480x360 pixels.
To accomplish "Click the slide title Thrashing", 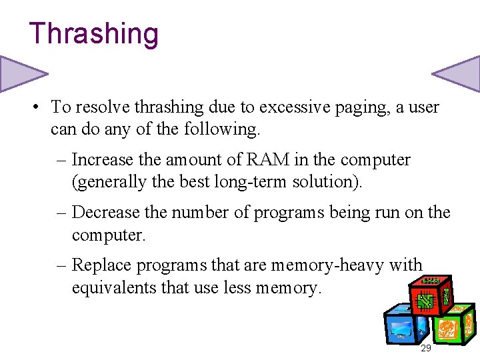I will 93,34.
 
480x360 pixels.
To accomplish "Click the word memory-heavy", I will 334,265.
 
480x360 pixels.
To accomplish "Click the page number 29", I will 425,349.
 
